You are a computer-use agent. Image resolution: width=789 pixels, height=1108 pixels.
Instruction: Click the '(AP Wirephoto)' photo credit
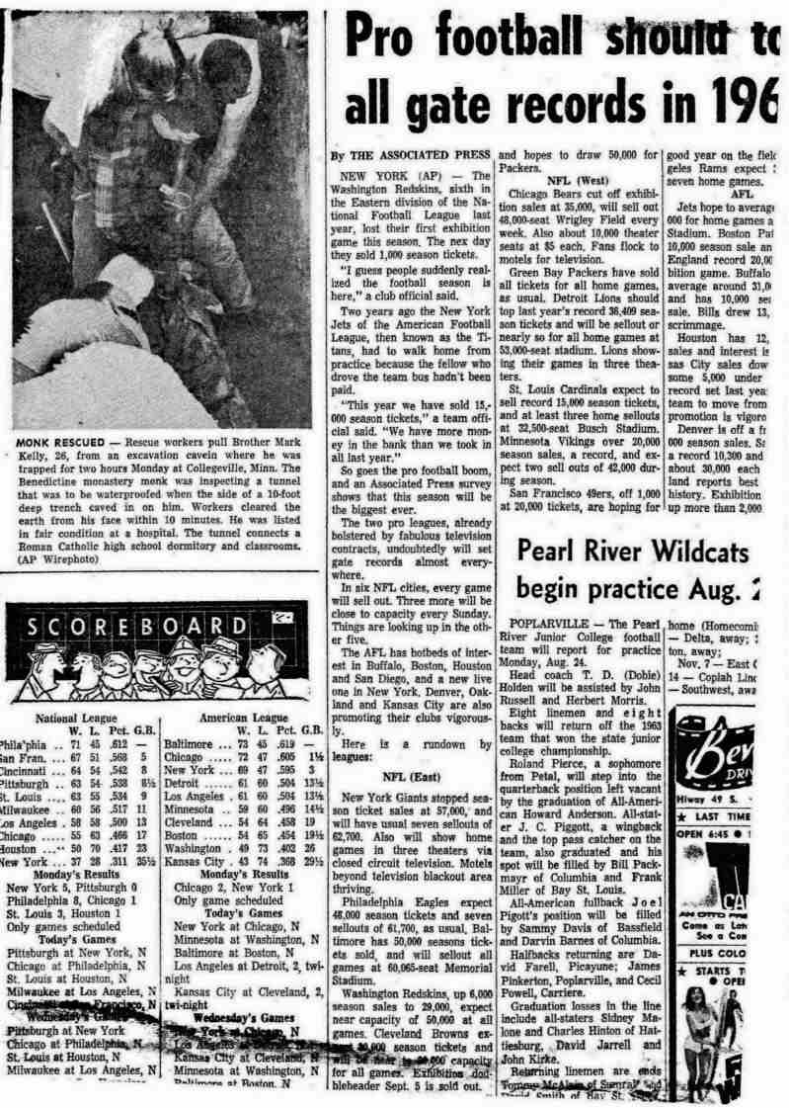(51, 559)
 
